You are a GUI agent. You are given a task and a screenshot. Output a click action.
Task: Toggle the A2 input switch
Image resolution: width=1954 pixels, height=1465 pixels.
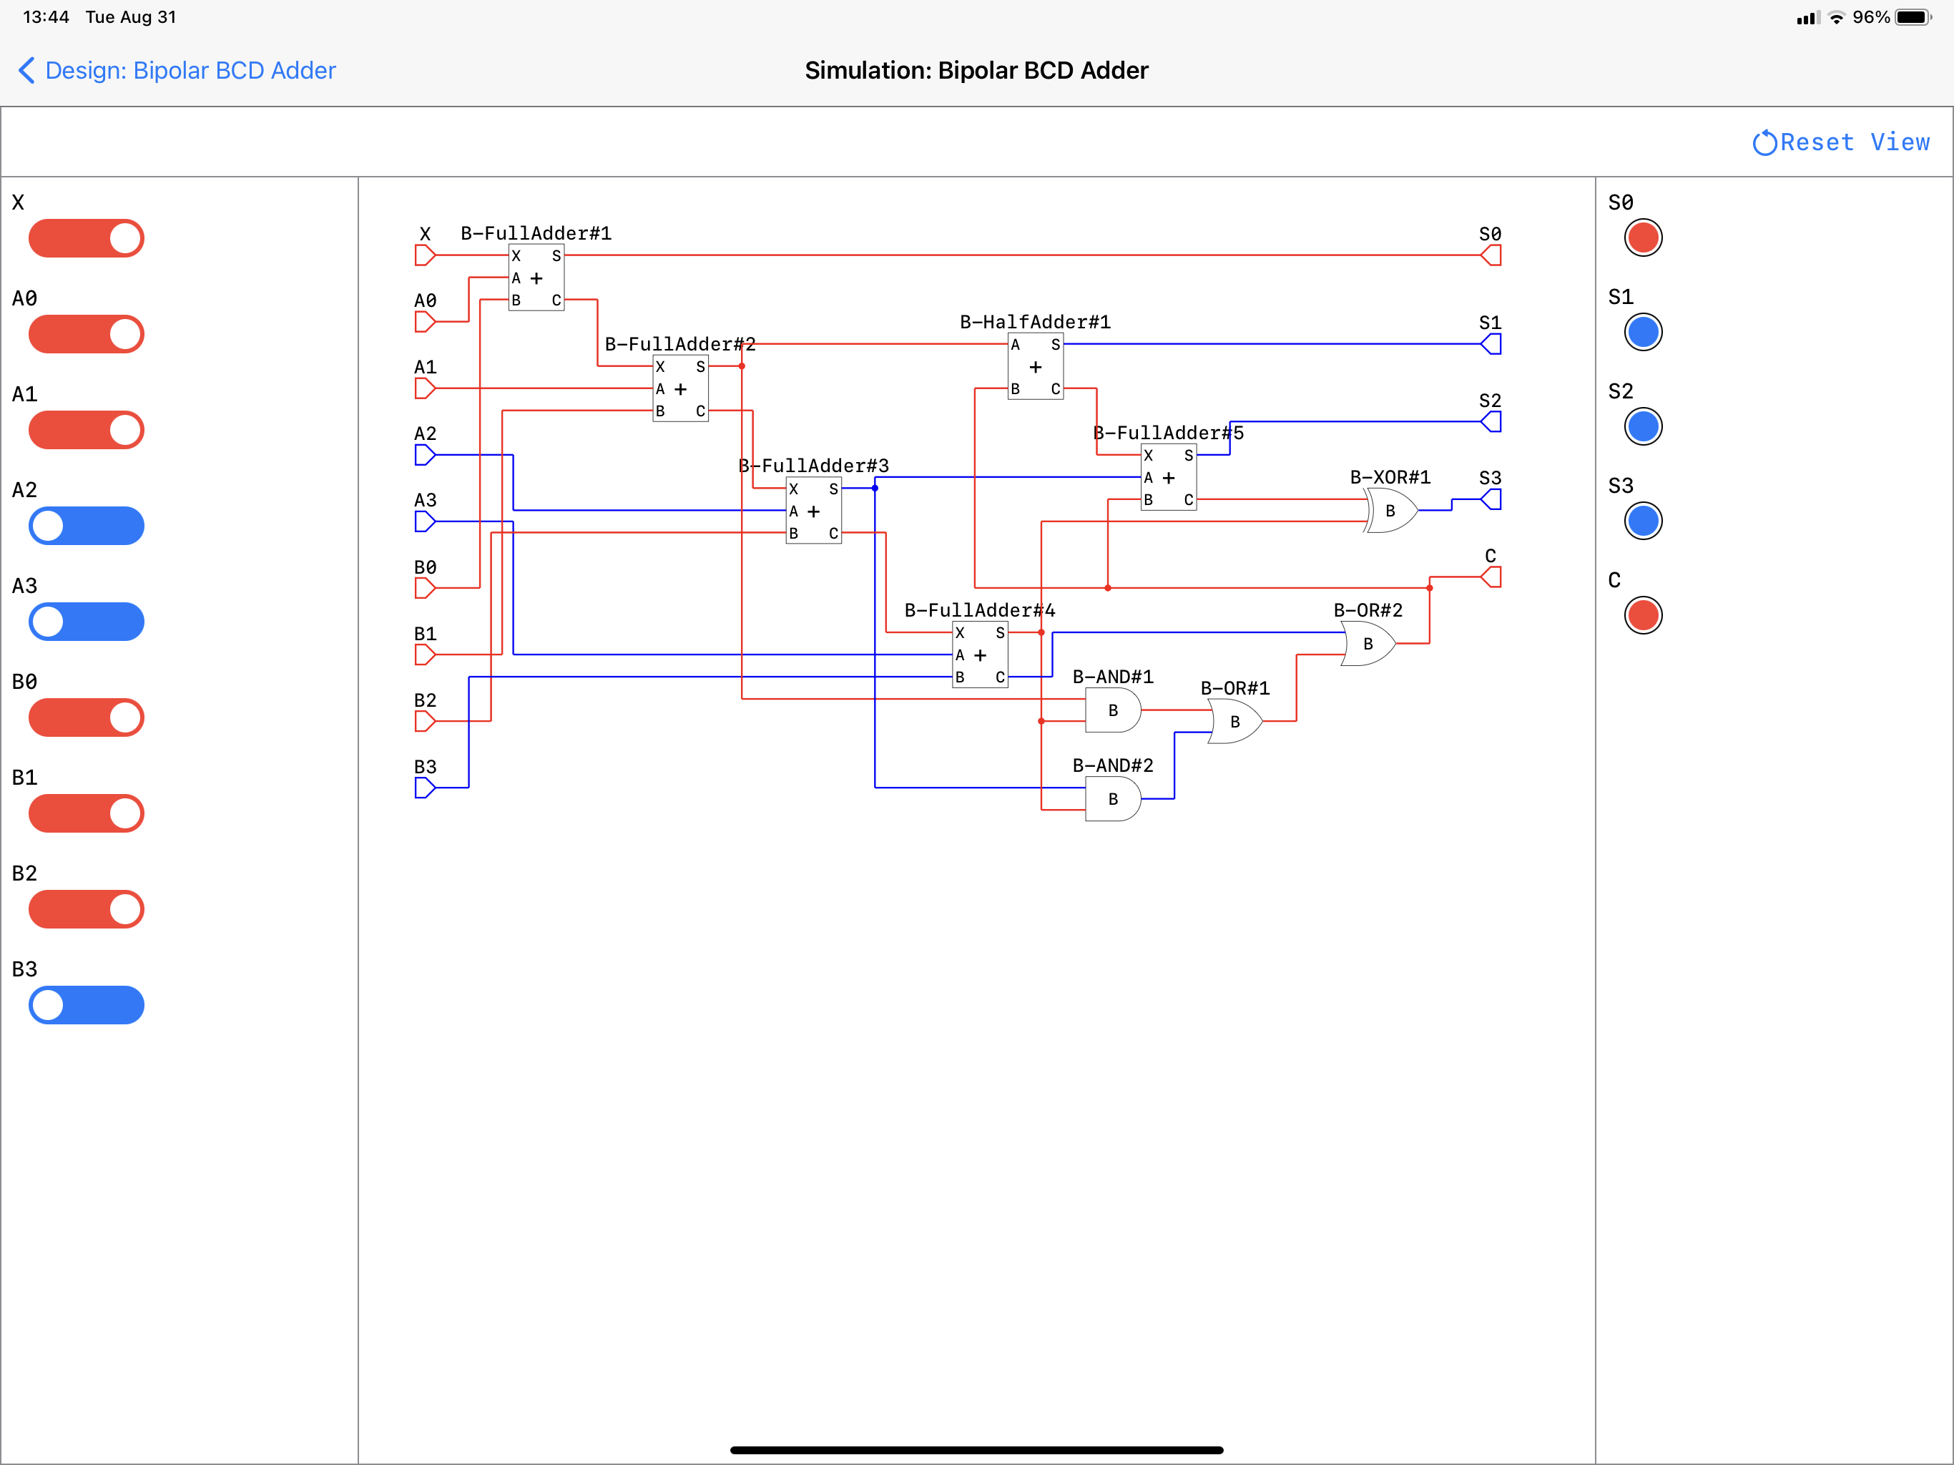(x=87, y=526)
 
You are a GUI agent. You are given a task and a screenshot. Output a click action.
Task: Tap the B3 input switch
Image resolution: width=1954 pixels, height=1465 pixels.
(x=87, y=1004)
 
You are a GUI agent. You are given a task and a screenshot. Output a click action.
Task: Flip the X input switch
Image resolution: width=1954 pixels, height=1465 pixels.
(x=87, y=239)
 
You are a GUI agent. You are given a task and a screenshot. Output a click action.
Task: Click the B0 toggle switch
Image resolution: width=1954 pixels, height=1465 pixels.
(x=87, y=717)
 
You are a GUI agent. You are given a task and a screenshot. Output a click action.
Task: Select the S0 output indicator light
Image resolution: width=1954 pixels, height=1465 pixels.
(x=1643, y=237)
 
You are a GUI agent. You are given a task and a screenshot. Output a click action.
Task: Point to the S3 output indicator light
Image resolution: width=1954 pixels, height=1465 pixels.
(x=1643, y=521)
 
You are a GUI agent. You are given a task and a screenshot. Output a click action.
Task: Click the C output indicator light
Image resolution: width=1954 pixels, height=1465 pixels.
(x=1643, y=615)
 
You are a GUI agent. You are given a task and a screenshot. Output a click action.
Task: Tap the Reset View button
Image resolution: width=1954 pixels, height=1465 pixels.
(x=1841, y=142)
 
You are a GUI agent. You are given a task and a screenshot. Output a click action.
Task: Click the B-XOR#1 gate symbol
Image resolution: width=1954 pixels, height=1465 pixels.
(x=1390, y=511)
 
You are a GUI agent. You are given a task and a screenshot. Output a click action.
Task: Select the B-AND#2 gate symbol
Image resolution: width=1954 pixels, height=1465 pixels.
(x=1113, y=799)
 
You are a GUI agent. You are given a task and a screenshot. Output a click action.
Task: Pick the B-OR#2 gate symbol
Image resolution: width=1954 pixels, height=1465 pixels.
(x=1368, y=643)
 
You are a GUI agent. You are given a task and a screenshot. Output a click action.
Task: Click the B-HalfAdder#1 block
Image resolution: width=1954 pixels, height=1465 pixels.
(x=1036, y=367)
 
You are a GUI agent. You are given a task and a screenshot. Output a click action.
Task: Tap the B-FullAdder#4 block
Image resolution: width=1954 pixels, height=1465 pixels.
(x=981, y=655)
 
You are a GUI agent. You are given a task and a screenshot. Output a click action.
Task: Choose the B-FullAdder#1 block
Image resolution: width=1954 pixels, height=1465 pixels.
(x=536, y=278)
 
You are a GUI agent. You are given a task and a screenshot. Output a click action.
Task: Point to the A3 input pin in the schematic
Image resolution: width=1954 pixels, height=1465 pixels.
(x=425, y=521)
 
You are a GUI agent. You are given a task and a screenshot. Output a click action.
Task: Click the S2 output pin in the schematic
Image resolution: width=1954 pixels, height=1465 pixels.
(x=1491, y=421)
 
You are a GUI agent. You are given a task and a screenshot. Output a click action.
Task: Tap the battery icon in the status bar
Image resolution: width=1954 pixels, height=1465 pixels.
(x=1913, y=18)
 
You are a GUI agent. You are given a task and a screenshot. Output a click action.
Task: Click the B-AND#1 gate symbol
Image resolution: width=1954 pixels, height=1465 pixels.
(x=1113, y=710)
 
